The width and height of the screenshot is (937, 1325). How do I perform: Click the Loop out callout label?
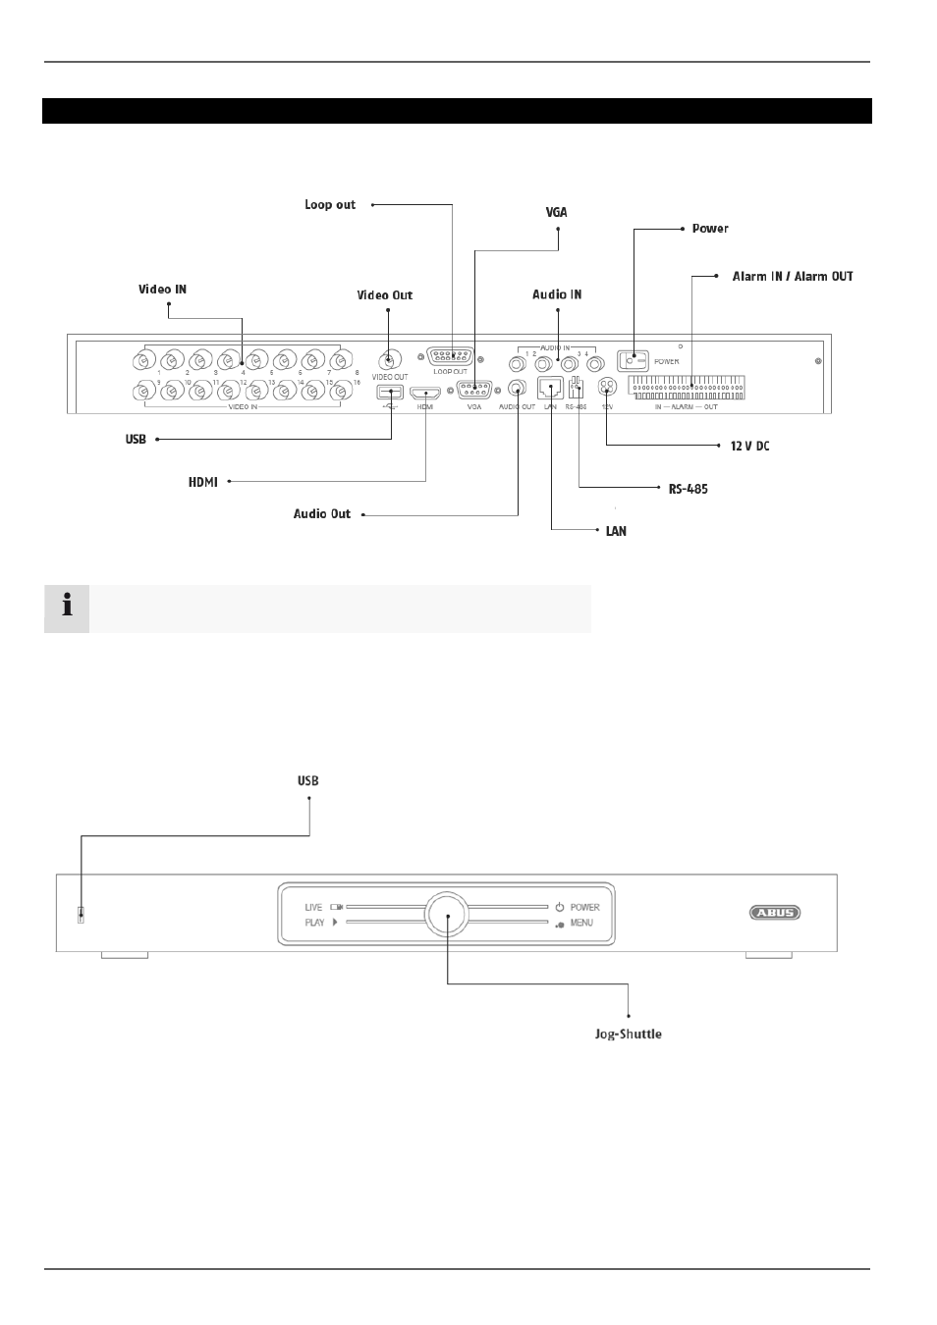(x=330, y=205)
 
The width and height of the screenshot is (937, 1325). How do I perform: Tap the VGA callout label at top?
(x=557, y=212)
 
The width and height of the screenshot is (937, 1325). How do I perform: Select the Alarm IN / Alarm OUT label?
(x=793, y=277)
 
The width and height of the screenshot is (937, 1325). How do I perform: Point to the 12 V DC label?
(x=750, y=447)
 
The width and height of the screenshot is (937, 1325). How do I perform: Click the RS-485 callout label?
(x=689, y=489)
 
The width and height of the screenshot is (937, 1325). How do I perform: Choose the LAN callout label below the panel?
(x=616, y=531)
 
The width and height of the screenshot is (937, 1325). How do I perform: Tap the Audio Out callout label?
(x=322, y=514)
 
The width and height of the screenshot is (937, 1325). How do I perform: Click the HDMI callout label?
(x=203, y=482)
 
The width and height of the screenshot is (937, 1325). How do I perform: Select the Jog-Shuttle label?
(x=629, y=1034)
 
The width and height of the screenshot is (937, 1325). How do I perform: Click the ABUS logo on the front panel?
(x=776, y=913)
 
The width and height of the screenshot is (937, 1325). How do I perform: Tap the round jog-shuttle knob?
(x=448, y=914)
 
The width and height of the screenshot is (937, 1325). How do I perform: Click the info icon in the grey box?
(x=67, y=608)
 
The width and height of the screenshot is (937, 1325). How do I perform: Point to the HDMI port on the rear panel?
(x=426, y=391)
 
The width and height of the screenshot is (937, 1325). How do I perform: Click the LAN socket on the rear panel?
(x=550, y=387)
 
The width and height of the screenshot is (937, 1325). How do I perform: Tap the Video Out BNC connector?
(x=390, y=358)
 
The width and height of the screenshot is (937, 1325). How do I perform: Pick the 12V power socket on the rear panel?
(x=607, y=388)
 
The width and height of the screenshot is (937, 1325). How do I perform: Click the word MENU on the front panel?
(x=581, y=923)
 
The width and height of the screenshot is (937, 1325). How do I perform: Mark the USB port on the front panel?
(x=82, y=916)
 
